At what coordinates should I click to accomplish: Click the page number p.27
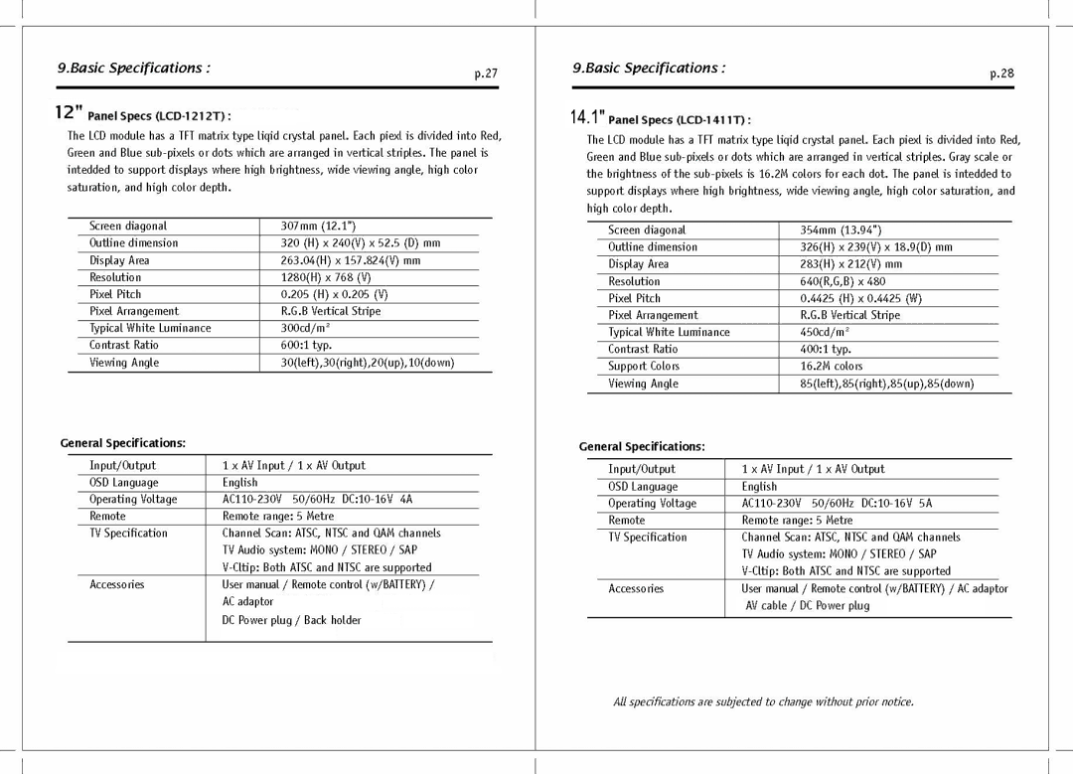click(x=485, y=74)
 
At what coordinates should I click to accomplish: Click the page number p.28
click(x=1001, y=74)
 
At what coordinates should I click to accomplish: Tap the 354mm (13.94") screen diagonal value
click(x=841, y=231)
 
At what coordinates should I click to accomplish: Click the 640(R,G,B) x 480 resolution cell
click(x=843, y=281)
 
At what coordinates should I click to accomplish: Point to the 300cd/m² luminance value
click(x=305, y=328)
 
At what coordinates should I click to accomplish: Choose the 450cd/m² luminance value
click(x=826, y=333)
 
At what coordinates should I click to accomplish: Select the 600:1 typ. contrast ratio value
click(x=306, y=345)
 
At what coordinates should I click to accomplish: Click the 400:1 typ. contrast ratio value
click(x=826, y=350)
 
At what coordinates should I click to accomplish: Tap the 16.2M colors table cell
click(x=832, y=367)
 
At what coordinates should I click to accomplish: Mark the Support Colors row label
click(x=644, y=367)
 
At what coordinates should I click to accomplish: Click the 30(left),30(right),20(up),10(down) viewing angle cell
click(x=367, y=363)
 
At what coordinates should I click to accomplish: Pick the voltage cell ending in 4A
click(x=317, y=499)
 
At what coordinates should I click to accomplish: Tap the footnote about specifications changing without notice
click(x=763, y=702)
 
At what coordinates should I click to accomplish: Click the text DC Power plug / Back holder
click(x=291, y=620)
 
